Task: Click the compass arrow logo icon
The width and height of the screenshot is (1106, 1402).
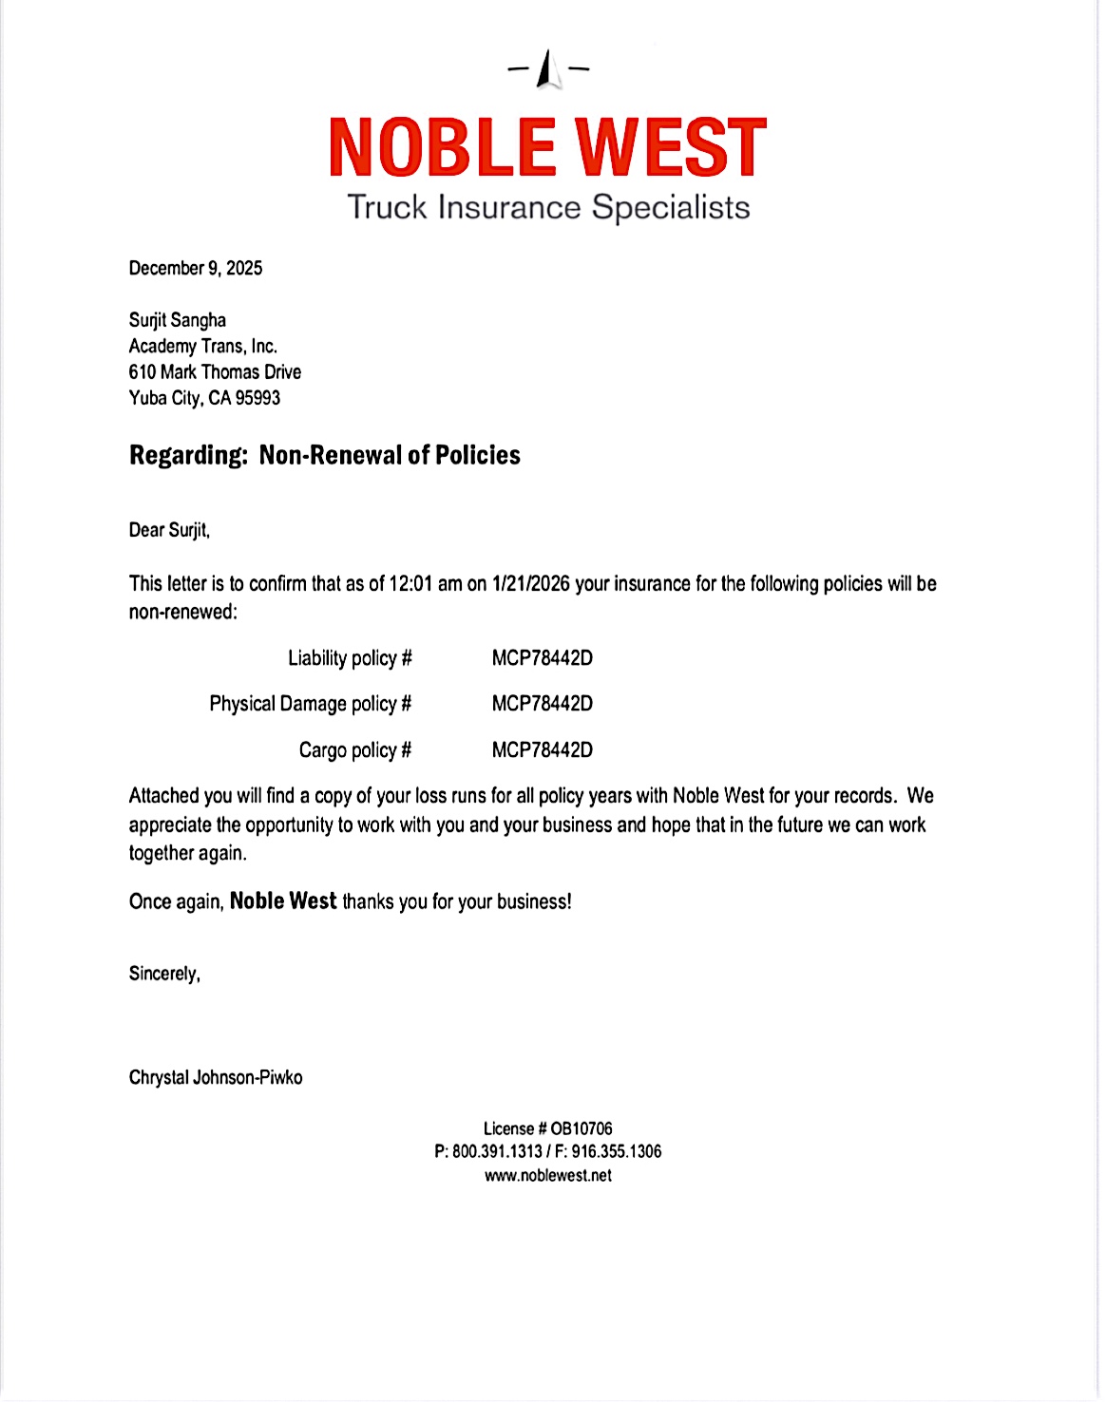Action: pos(548,69)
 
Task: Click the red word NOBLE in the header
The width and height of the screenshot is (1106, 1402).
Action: pos(442,148)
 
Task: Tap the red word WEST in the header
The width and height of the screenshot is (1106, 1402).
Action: pos(671,148)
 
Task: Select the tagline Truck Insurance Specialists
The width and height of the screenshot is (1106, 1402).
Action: pos(548,207)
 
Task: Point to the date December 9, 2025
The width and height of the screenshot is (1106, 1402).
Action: pos(196,268)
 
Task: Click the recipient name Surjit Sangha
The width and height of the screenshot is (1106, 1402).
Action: pos(178,320)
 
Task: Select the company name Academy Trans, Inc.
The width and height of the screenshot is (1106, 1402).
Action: pos(203,346)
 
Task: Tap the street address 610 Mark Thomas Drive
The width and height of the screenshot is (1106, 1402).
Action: pos(215,371)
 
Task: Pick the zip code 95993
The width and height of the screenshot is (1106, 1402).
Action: pos(257,398)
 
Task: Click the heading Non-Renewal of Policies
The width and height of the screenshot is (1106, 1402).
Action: pos(390,455)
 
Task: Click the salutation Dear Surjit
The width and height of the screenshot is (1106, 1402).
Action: pos(169,529)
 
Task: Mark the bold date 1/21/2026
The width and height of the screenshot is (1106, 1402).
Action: pos(531,583)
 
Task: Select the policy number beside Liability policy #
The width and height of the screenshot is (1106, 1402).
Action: pos(543,658)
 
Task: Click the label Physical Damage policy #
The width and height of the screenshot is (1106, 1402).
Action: pos(311,704)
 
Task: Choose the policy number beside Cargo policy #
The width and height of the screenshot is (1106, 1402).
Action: pos(543,750)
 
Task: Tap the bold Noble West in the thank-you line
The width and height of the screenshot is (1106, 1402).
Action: pos(283,900)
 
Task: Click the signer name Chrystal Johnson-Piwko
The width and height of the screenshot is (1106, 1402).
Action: pos(216,1077)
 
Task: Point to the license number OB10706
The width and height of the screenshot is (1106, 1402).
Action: pos(582,1128)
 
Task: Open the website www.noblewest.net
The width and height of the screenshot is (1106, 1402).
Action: pos(548,1175)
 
